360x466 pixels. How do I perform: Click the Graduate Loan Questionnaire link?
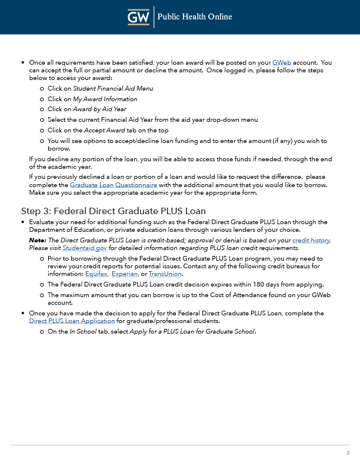pyautogui.click(x=113, y=185)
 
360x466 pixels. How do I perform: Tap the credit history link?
pyautogui.click(x=312, y=240)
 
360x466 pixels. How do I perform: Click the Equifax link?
pyautogui.click(x=96, y=274)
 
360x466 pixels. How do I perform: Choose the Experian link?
pyautogui.click(x=124, y=274)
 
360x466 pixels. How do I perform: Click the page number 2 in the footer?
pyautogui.click(x=348, y=452)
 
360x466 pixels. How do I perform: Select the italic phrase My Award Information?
pyautogui.click(x=105, y=99)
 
